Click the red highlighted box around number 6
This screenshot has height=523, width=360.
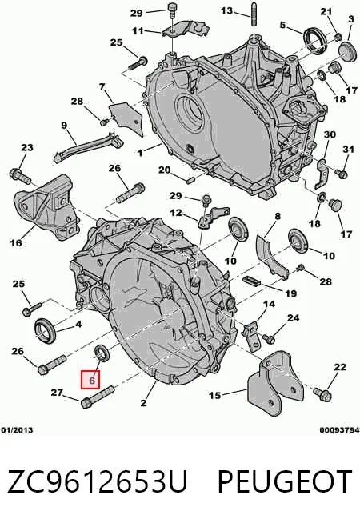(90, 380)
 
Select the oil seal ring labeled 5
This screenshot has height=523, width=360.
(314, 40)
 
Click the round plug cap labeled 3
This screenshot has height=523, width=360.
(347, 52)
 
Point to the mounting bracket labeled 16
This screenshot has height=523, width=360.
(47, 207)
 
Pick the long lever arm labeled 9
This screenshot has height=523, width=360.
(89, 146)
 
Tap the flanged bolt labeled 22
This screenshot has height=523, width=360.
(322, 394)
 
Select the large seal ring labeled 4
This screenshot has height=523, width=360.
(46, 330)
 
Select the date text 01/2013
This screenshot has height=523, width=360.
(17, 430)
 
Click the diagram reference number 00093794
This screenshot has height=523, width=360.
(339, 430)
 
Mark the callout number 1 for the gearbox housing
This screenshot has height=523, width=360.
(141, 153)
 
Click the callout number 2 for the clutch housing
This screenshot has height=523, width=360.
(143, 403)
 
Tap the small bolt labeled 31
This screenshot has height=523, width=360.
(342, 174)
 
